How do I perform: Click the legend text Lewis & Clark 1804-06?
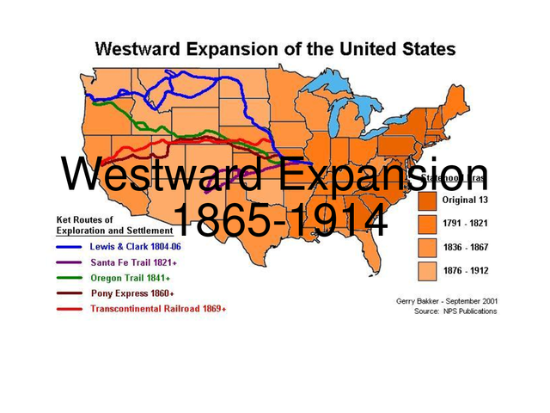tap(135, 247)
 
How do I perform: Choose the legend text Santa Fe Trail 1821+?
tap(131, 262)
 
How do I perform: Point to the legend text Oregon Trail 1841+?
tap(130, 278)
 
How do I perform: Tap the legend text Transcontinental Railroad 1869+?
tap(158, 308)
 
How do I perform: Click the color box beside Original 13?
tap(426, 200)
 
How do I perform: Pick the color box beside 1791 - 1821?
tap(426, 224)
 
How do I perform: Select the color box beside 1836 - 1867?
tap(426, 247)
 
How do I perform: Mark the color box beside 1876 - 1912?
tap(426, 269)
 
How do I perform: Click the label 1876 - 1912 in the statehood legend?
tap(467, 269)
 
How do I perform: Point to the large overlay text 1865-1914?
tap(279, 221)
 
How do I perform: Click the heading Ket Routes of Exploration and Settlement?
tap(109, 225)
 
